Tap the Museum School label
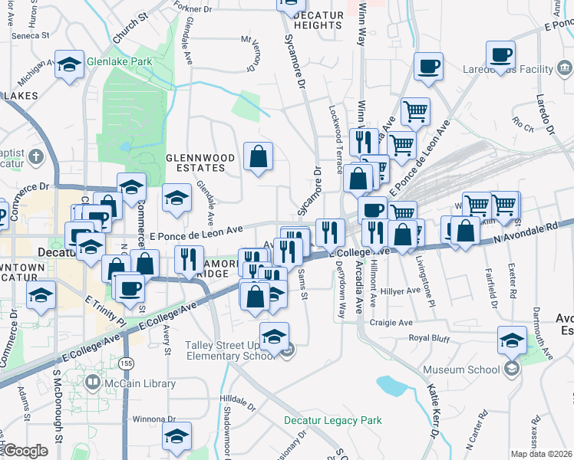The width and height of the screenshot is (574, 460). (461, 370)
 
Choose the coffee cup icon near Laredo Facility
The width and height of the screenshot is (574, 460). (502, 55)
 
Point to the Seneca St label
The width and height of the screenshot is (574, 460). (30, 35)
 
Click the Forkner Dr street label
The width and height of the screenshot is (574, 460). (192, 9)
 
